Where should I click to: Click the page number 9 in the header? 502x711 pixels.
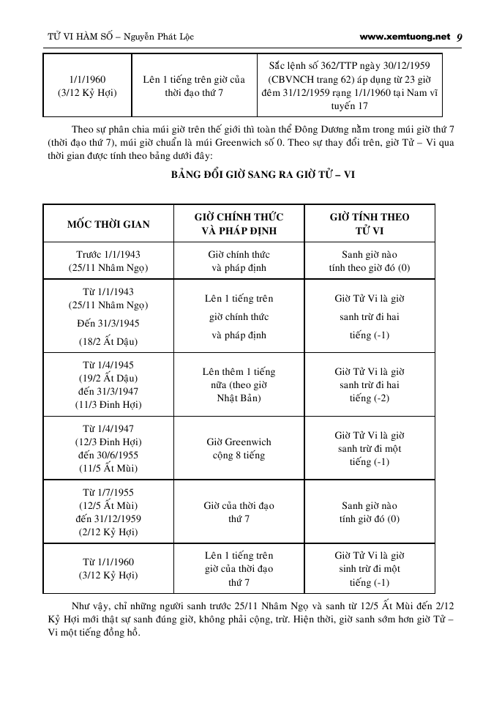click(x=459, y=36)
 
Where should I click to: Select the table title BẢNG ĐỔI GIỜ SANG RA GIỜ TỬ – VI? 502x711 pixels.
click(x=252, y=176)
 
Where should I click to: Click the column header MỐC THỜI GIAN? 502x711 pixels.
click(x=108, y=223)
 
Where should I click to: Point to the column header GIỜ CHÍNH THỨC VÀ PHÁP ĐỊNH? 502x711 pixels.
click(x=239, y=223)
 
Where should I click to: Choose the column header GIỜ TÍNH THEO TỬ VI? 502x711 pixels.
click(x=370, y=223)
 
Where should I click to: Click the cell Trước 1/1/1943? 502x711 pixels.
click(x=108, y=254)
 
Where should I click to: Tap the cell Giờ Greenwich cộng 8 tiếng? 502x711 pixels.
click(x=239, y=448)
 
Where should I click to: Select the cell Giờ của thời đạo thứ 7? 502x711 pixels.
click(x=239, y=512)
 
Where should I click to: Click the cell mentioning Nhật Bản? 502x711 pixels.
click(x=239, y=384)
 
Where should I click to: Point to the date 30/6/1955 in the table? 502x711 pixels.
click(x=115, y=455)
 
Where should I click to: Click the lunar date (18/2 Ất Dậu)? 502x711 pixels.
click(x=108, y=341)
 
